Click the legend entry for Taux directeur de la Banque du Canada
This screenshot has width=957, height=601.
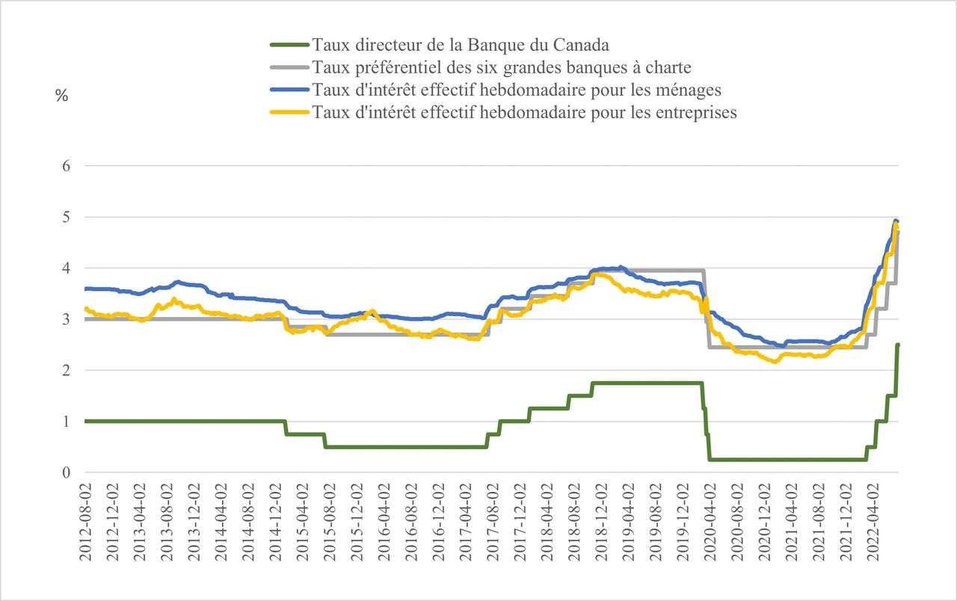[x=461, y=45]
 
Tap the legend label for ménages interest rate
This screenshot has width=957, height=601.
[x=517, y=90]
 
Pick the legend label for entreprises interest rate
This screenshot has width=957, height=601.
[x=525, y=112]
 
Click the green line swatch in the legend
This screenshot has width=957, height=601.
[x=289, y=45]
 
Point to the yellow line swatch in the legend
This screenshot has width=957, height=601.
[x=289, y=112]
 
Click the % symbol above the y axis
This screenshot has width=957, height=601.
[x=61, y=96]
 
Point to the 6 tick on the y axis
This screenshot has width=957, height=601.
[x=67, y=166]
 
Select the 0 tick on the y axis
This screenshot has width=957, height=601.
[x=67, y=472]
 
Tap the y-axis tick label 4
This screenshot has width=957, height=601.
[x=67, y=268]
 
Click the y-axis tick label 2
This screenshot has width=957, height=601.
[x=67, y=370]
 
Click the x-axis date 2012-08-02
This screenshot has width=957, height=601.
[x=86, y=523]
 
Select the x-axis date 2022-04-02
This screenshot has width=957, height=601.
[x=873, y=523]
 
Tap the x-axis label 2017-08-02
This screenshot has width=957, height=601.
[x=493, y=523]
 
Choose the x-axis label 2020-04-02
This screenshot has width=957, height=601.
[x=710, y=523]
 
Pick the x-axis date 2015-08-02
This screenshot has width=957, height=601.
[x=330, y=523]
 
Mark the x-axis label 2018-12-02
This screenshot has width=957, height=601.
[x=602, y=523]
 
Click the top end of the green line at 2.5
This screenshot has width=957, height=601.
[x=898, y=345]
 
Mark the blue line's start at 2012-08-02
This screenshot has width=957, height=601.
[x=85, y=289]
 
